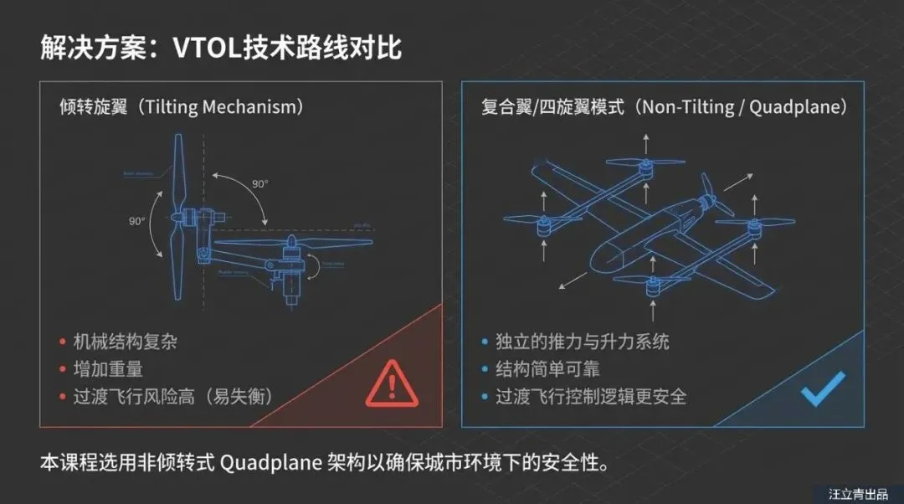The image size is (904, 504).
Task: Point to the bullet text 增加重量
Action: click(108, 368)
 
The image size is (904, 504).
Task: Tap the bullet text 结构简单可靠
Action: click(547, 368)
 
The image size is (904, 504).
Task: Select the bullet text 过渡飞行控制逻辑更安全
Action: click(591, 396)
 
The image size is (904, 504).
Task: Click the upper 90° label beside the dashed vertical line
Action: click(259, 183)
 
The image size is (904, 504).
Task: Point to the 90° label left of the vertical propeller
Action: click(137, 221)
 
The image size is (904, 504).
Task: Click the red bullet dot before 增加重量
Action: click(62, 369)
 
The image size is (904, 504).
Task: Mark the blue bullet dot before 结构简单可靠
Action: click(484, 369)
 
